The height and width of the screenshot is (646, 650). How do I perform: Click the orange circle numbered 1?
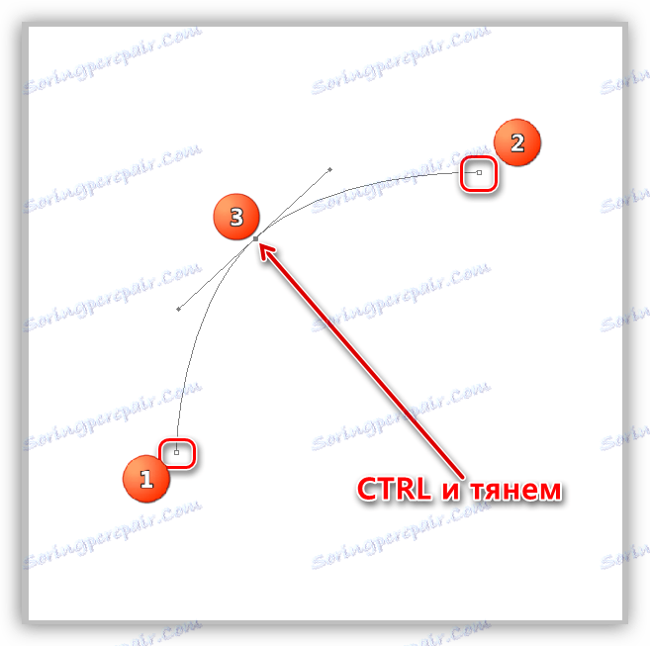tap(146, 480)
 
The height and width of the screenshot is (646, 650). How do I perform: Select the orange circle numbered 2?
tap(516, 142)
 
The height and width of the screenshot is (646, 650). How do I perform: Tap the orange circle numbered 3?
tap(236, 218)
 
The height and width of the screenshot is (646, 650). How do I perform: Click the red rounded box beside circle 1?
tap(179, 453)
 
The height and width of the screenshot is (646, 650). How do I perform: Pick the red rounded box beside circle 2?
tap(479, 173)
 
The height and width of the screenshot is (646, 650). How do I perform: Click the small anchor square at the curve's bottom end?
tap(177, 453)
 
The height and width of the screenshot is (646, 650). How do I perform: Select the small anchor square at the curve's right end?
tap(480, 173)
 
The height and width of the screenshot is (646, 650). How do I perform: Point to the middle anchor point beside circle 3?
tap(256, 238)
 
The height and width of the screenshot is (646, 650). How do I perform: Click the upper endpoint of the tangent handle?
tap(329, 169)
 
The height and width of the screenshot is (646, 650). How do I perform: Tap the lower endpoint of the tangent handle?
tap(178, 310)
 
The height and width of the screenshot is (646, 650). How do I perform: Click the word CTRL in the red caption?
tap(392, 490)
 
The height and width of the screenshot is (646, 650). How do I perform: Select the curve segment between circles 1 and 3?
tap(198, 336)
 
